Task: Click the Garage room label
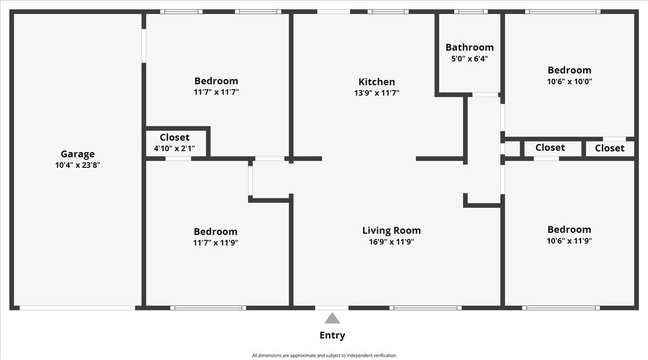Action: click(78, 154)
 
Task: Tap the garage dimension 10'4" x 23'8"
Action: click(78, 165)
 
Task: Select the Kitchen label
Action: click(377, 82)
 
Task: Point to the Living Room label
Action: click(391, 230)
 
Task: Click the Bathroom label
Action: click(469, 47)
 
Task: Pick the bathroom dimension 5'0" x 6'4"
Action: click(469, 59)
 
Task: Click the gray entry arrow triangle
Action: click(332, 318)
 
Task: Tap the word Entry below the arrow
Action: click(332, 335)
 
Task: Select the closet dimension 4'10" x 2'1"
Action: click(174, 148)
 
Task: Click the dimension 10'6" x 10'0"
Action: click(569, 81)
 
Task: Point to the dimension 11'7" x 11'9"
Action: click(215, 242)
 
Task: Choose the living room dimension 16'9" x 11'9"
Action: click(391, 241)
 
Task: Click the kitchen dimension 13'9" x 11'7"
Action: click(377, 93)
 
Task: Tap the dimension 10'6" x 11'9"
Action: click(569, 241)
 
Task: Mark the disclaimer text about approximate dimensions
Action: click(323, 355)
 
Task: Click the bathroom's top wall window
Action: click(471, 11)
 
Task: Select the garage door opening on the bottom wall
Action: click(77, 308)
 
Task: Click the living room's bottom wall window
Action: click(426, 308)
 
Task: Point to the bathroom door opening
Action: click(485, 95)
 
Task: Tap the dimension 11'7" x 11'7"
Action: click(216, 92)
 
